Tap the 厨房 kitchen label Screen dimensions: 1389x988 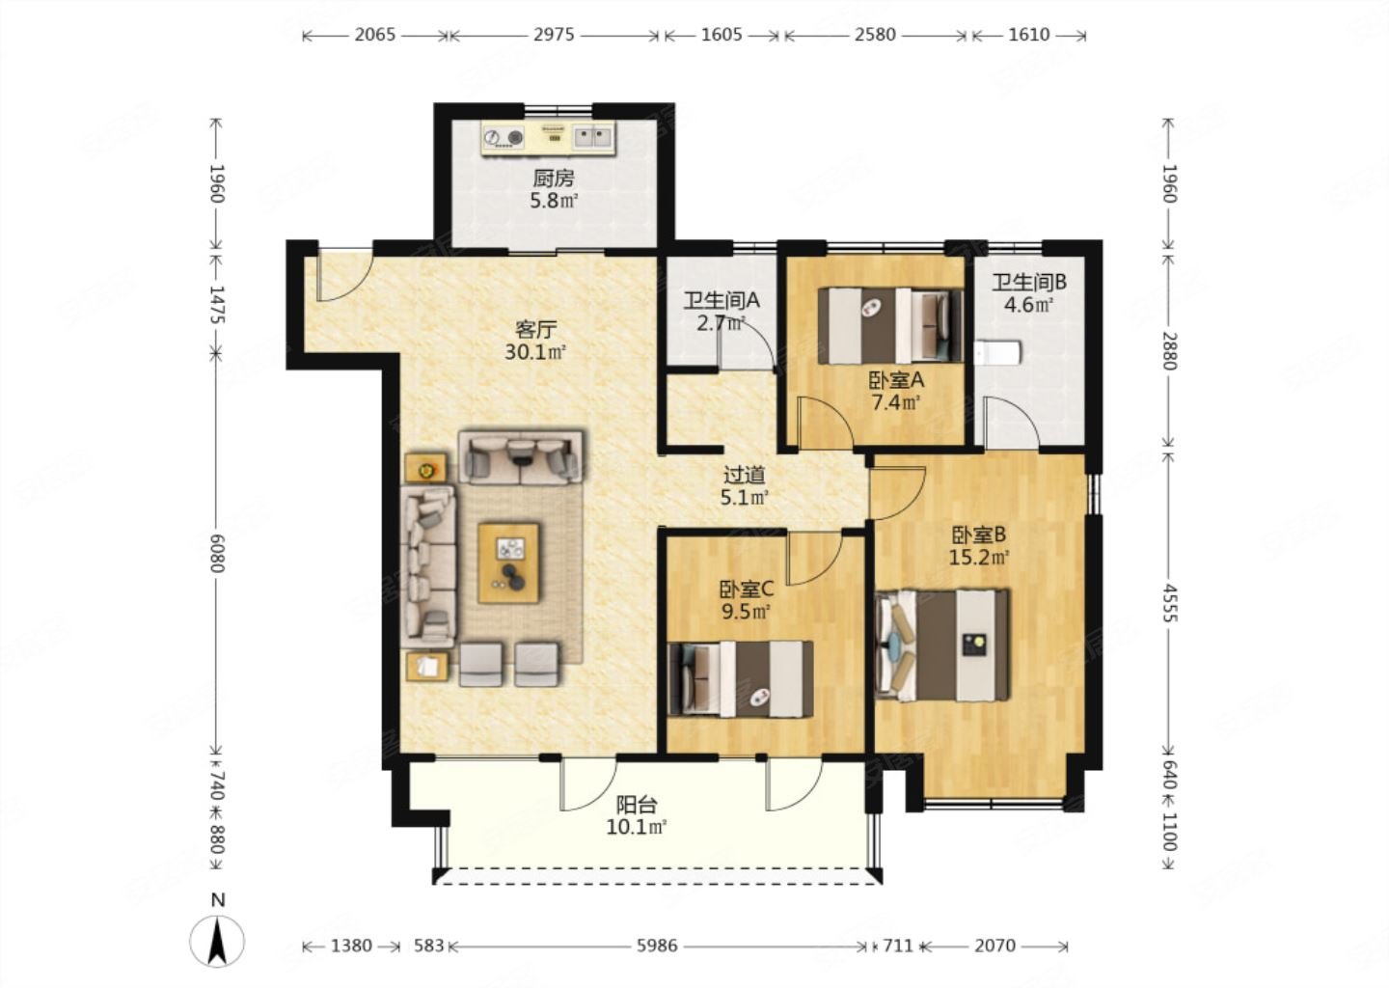coord(553,178)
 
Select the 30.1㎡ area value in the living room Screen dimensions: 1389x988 coord(535,352)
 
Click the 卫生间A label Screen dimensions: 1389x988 coord(722,301)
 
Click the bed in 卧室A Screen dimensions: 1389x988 coord(890,325)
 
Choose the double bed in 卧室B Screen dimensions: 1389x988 coord(941,645)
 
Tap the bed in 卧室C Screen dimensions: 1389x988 coord(741,679)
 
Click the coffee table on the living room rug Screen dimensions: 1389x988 coord(508,563)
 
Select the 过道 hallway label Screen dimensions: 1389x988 coord(744,476)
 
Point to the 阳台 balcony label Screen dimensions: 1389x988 coord(637,805)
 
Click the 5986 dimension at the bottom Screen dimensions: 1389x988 coord(657,946)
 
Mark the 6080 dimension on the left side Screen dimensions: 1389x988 coord(216,553)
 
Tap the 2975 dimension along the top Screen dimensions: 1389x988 coord(554,35)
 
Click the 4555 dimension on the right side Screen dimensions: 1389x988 coord(1169,602)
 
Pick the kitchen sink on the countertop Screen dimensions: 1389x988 coord(592,136)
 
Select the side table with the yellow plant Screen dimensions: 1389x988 coord(425,468)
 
